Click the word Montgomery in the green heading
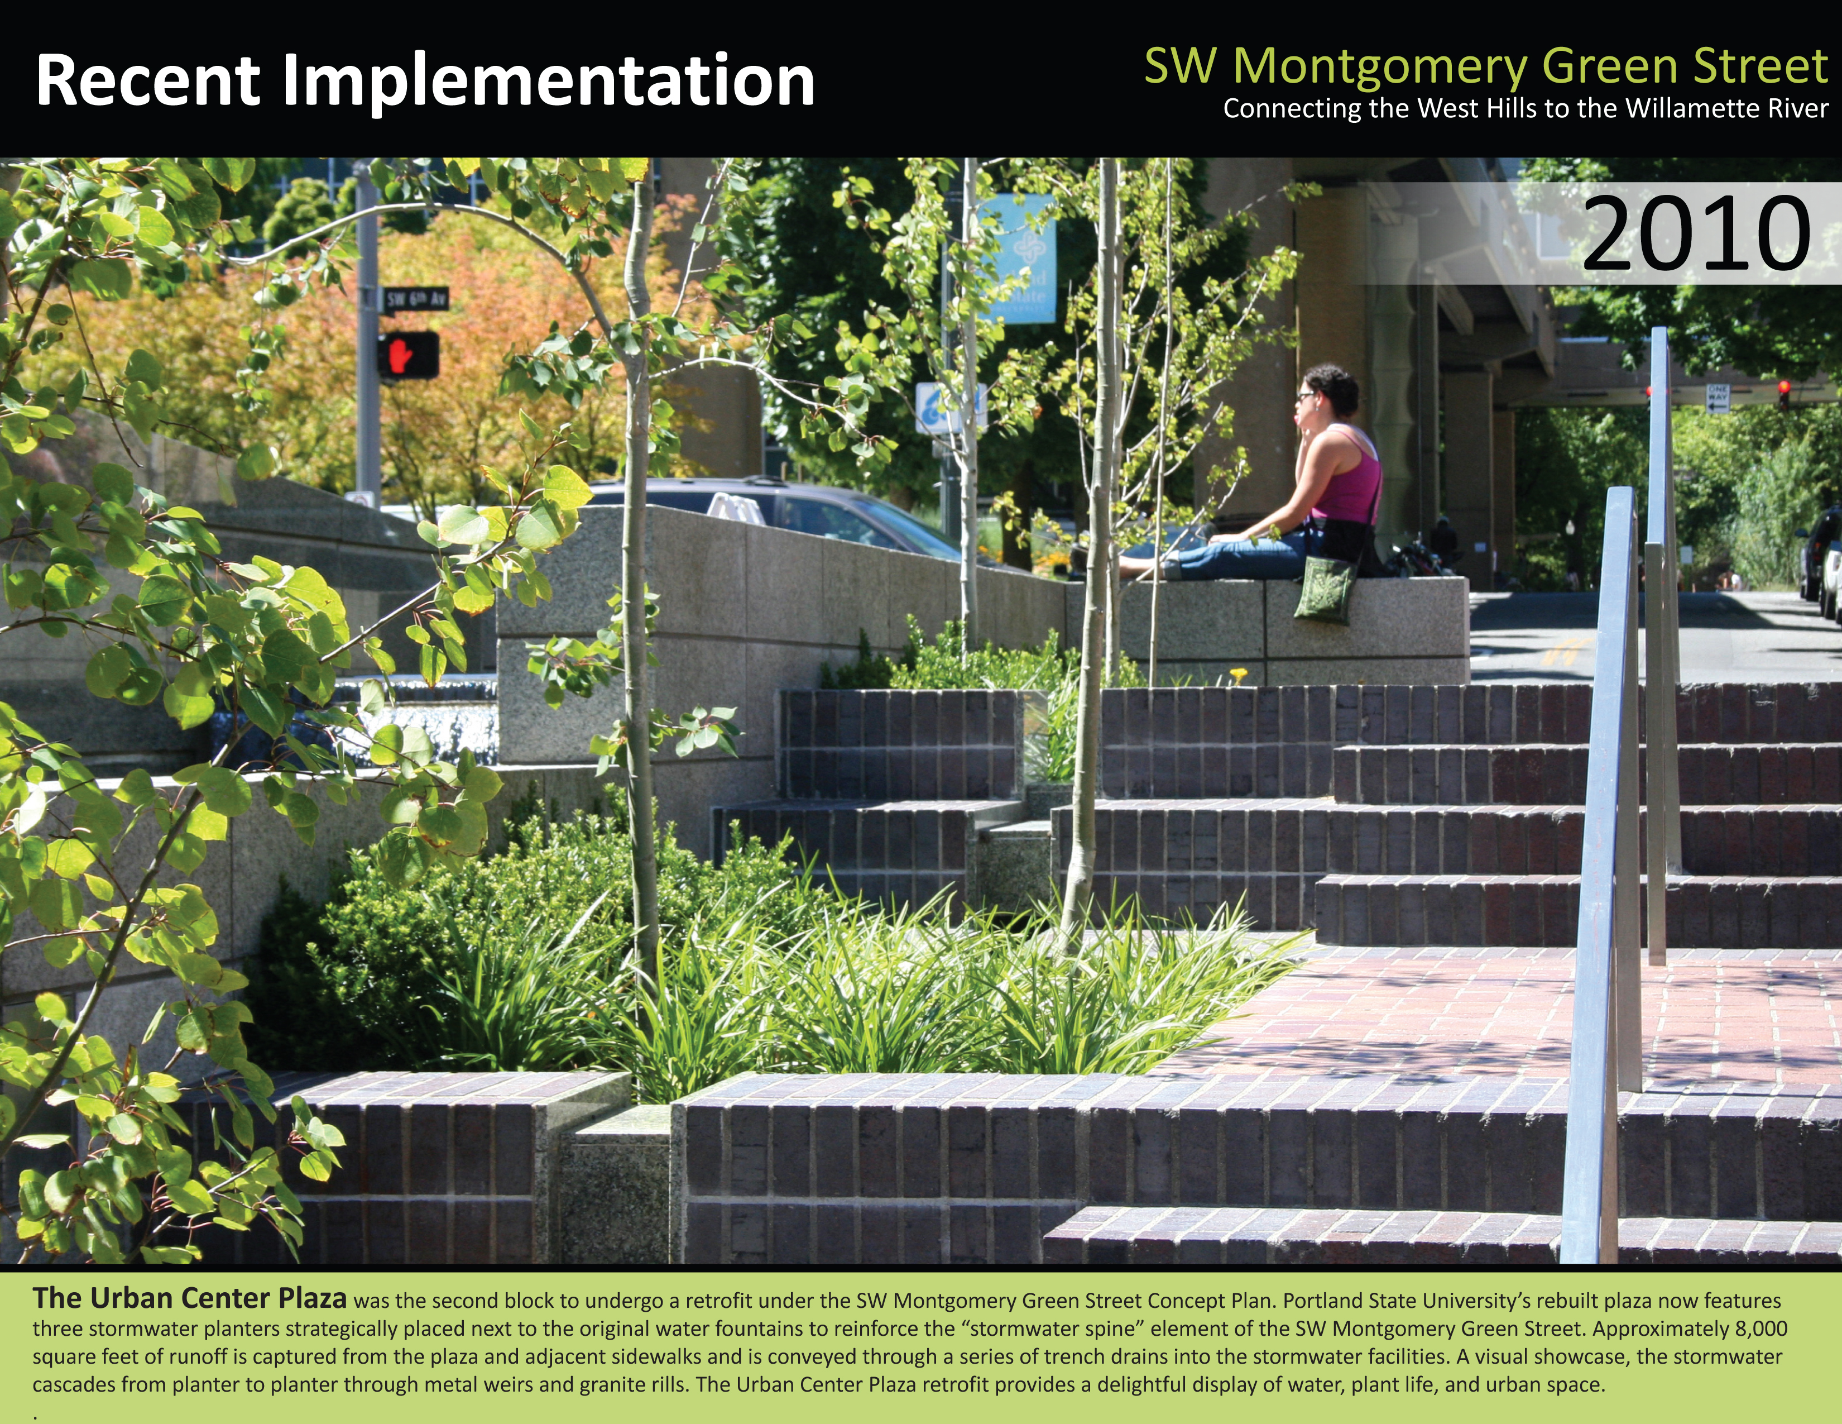click(x=1380, y=68)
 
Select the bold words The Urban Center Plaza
click(x=190, y=1298)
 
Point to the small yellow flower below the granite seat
click(x=1238, y=673)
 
